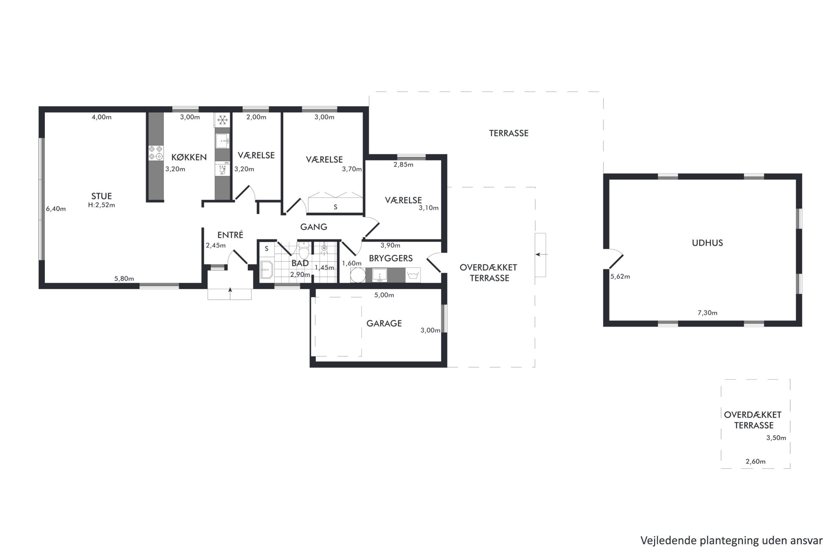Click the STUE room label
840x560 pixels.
pyautogui.click(x=102, y=196)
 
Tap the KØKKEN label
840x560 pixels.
pyautogui.click(x=189, y=157)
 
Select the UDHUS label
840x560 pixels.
pyautogui.click(x=707, y=243)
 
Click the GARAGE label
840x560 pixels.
pyautogui.click(x=384, y=323)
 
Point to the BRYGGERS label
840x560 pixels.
pyautogui.click(x=391, y=258)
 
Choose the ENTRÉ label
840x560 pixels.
pyautogui.click(x=230, y=235)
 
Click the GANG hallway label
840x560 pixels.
pyautogui.click(x=314, y=227)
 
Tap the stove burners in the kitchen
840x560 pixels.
pyautogui.click(x=155, y=153)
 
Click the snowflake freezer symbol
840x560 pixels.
pyautogui.click(x=222, y=120)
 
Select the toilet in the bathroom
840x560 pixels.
pyautogui.click(x=304, y=251)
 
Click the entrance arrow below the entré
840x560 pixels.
pyautogui.click(x=230, y=293)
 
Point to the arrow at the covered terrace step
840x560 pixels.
pyautogui.click(x=542, y=254)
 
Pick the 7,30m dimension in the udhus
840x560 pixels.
pyautogui.click(x=707, y=313)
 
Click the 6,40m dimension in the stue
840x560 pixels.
pyautogui.click(x=56, y=209)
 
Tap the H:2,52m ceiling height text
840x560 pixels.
pyautogui.click(x=102, y=205)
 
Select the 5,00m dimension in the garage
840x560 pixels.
pyautogui.click(x=384, y=295)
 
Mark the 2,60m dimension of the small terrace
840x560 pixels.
pyautogui.click(x=756, y=462)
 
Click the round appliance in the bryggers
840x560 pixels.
pyautogui.click(x=358, y=275)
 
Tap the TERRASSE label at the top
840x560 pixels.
pyautogui.click(x=509, y=133)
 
